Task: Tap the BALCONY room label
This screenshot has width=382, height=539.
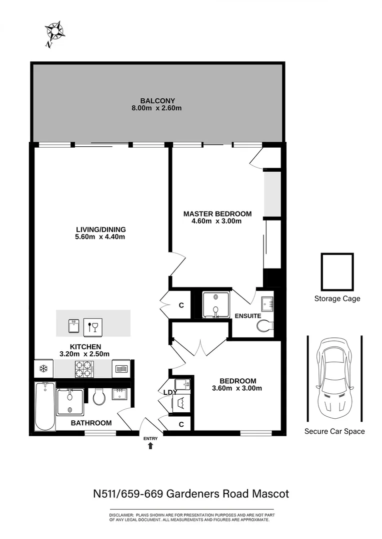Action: pyautogui.click(x=157, y=100)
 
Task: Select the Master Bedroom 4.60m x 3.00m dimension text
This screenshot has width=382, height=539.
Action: pyautogui.click(x=217, y=221)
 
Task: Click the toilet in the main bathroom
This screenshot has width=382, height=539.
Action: pyautogui.click(x=99, y=397)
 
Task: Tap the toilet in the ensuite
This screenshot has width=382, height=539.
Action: pyautogui.click(x=265, y=326)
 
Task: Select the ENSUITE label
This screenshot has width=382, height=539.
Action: pyautogui.click(x=247, y=316)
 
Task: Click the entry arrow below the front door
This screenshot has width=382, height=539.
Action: pyautogui.click(x=150, y=446)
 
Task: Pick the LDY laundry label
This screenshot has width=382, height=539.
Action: pyautogui.click(x=170, y=392)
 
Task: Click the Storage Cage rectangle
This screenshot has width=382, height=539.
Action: pyautogui.click(x=337, y=271)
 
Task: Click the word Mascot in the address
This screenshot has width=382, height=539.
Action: pyautogui.click(x=269, y=494)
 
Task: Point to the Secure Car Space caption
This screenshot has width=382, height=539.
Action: pyautogui.click(x=334, y=431)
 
